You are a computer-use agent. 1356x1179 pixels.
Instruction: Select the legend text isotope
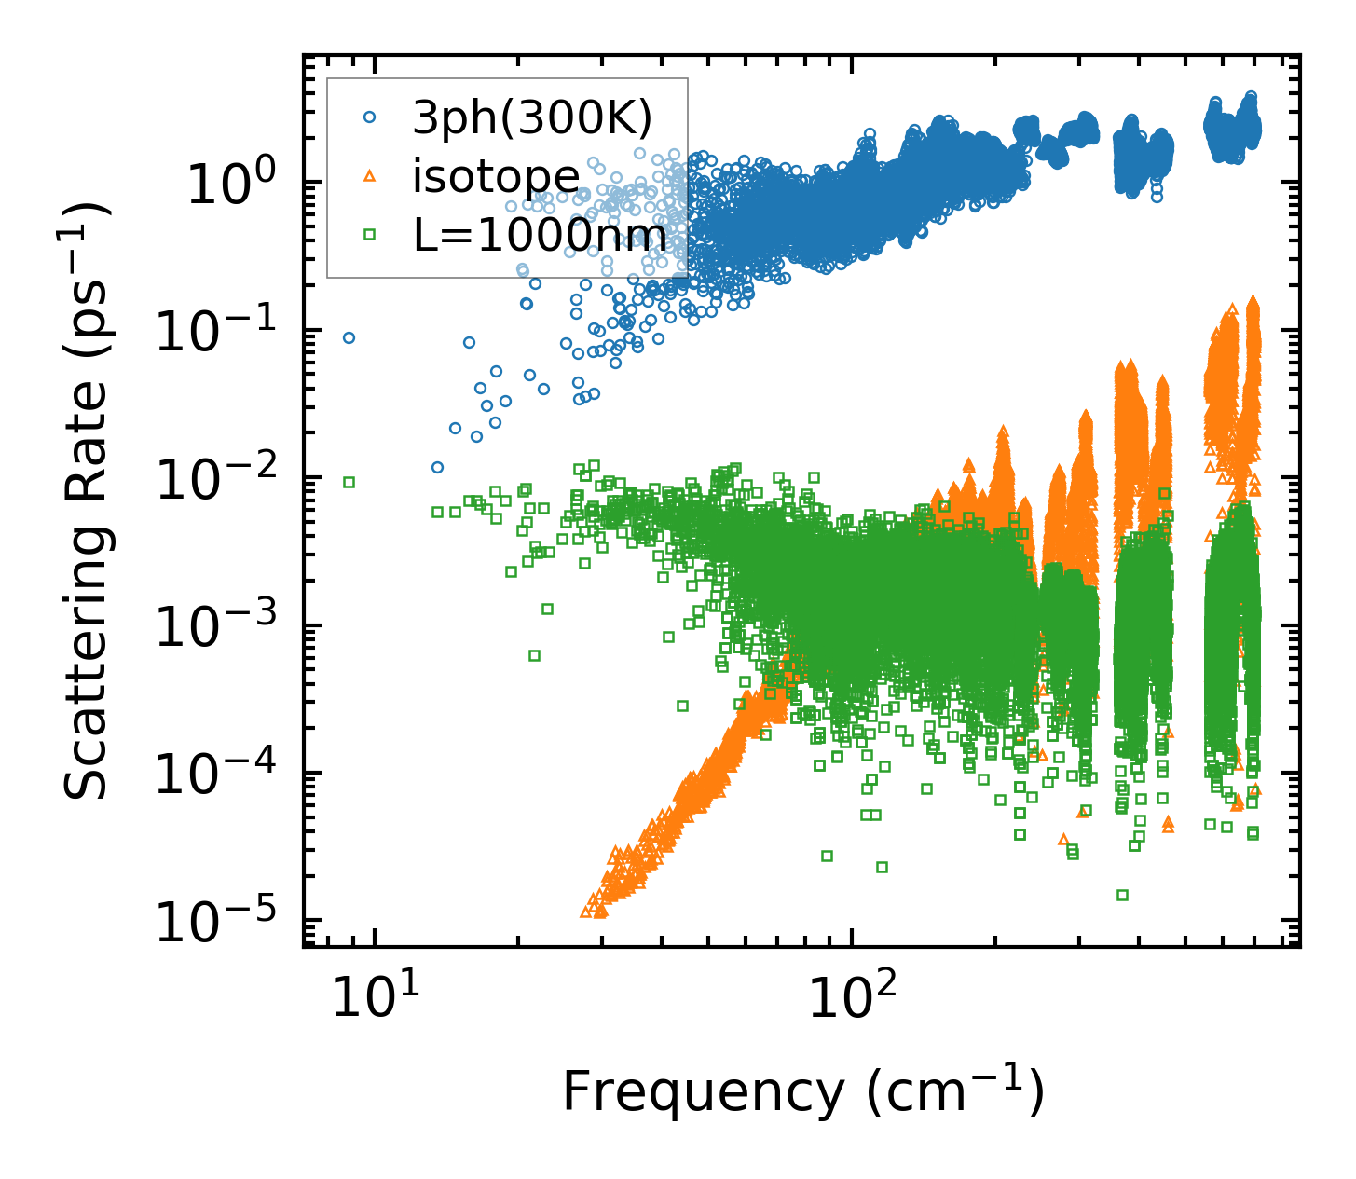496,176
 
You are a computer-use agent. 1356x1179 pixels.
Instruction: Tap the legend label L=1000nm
541,236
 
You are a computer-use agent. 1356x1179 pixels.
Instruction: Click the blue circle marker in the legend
370,117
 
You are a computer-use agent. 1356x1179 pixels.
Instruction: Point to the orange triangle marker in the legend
370,176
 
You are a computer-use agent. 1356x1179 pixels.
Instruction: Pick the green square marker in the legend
370,235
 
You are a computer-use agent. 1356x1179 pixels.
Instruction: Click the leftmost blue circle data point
349,337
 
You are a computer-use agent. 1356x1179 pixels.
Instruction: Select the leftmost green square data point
349,482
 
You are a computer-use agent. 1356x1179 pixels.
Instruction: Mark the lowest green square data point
1122,895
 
